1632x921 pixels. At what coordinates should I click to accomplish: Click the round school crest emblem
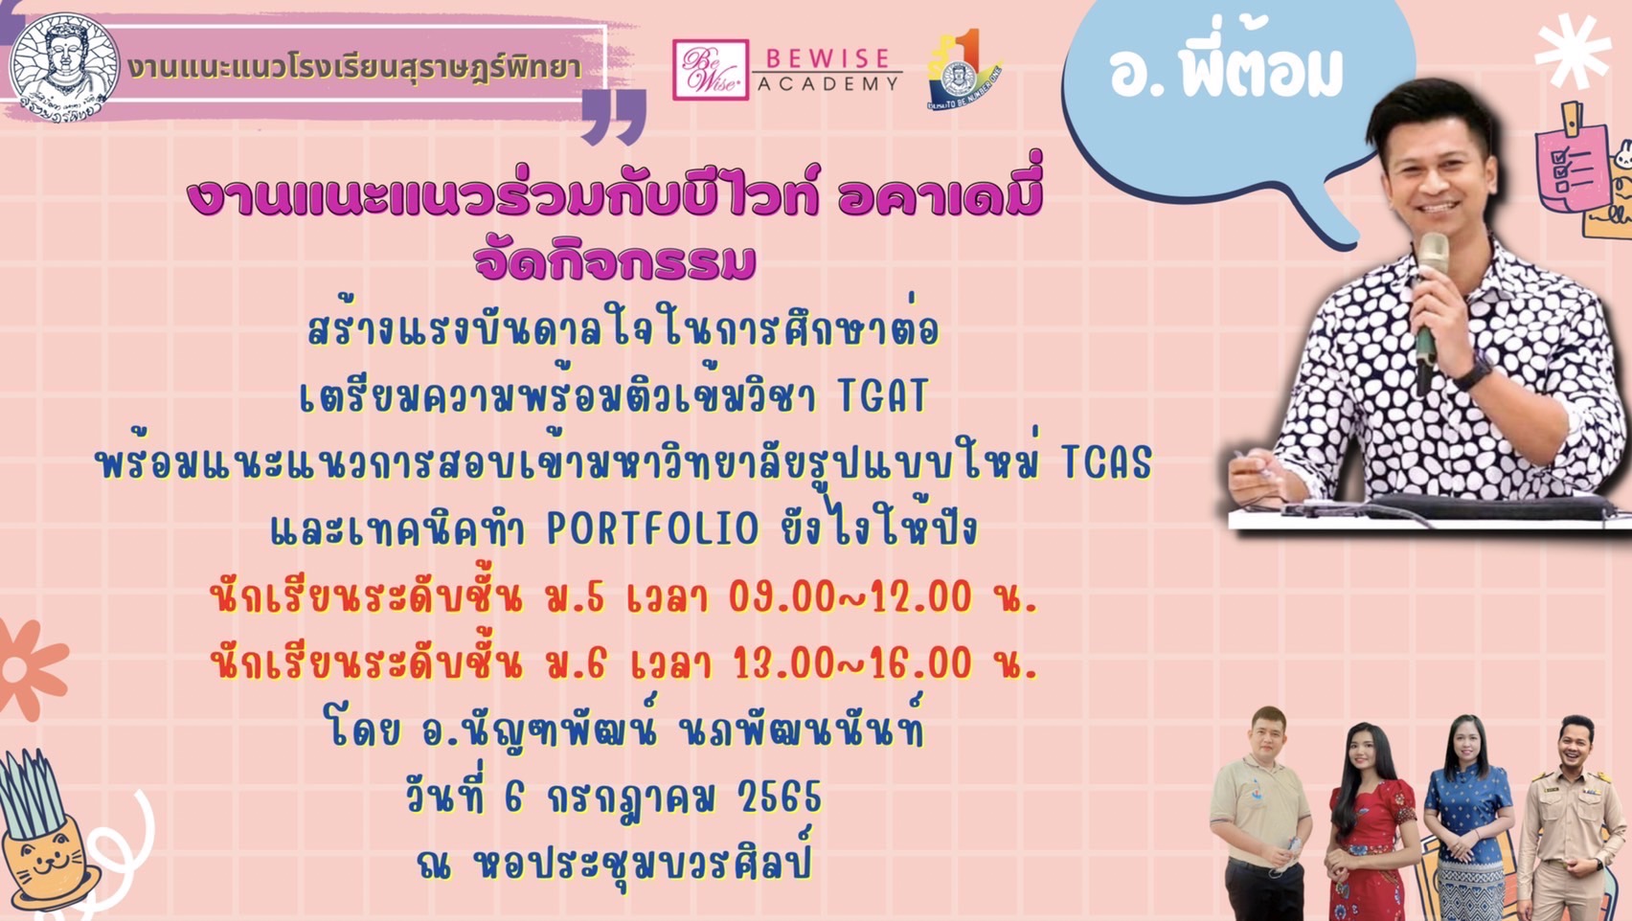click(x=64, y=67)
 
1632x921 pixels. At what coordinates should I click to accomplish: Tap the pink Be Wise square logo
click(x=711, y=69)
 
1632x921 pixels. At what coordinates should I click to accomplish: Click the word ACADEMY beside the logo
click(x=828, y=83)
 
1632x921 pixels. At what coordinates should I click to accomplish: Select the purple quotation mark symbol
click(x=614, y=117)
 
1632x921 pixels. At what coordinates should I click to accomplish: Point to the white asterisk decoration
click(x=1573, y=51)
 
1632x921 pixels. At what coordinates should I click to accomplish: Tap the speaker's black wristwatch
click(x=1473, y=373)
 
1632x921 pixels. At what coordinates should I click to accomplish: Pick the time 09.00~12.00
click(x=850, y=597)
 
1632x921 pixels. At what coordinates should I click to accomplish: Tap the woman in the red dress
click(x=1371, y=822)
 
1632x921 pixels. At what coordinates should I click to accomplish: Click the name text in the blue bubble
click(x=1226, y=72)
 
